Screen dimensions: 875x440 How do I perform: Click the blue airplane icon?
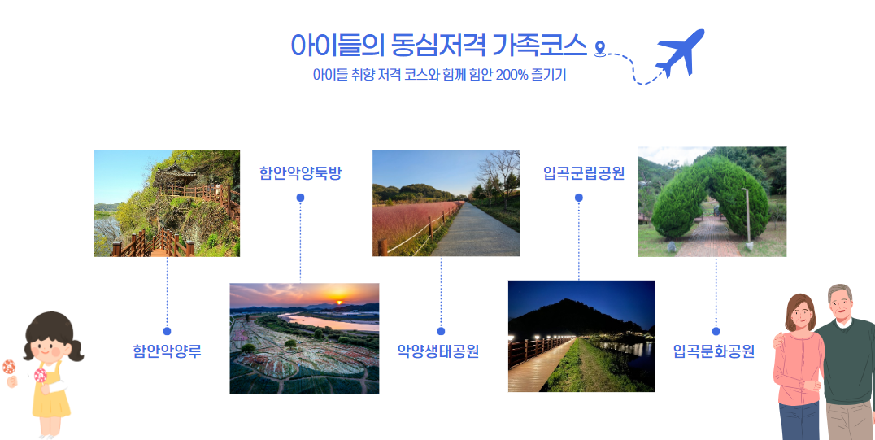pyautogui.click(x=681, y=52)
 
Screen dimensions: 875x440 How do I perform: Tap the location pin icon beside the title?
pyautogui.click(x=600, y=49)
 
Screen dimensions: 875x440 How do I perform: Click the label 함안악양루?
pyautogui.click(x=167, y=351)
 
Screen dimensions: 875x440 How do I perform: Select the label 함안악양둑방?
pyautogui.click(x=300, y=173)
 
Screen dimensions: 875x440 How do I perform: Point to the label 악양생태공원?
pyautogui.click(x=438, y=351)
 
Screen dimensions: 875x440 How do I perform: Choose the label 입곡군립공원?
pyautogui.click(x=584, y=173)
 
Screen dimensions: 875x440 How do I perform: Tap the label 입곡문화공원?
pyautogui.click(x=714, y=351)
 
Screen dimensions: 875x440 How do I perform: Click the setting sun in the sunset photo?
pyautogui.click(x=339, y=302)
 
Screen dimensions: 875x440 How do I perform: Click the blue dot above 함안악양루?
pyautogui.click(x=167, y=331)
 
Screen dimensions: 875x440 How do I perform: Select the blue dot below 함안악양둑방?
pyautogui.click(x=300, y=197)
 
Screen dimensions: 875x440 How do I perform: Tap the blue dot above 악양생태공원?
pyautogui.click(x=441, y=331)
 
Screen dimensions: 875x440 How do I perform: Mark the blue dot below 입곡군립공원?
pyautogui.click(x=579, y=197)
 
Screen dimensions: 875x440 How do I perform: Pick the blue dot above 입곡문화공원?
pyautogui.click(x=716, y=331)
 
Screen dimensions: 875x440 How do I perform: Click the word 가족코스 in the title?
pyautogui.click(x=540, y=46)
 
